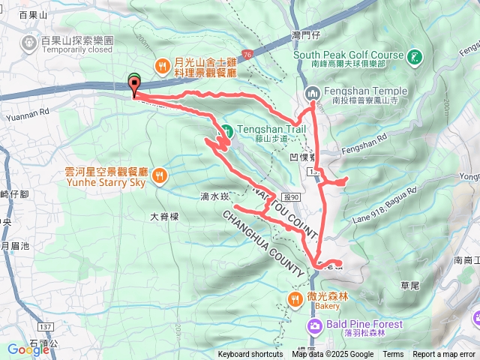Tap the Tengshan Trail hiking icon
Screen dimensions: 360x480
tap(224, 129)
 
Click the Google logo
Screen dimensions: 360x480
tap(28, 349)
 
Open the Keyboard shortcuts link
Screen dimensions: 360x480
tap(250, 355)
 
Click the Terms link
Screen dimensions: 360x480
tap(393, 355)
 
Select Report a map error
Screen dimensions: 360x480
tap(444, 355)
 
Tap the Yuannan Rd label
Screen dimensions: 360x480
tap(22, 116)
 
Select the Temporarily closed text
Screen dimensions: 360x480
tap(78, 51)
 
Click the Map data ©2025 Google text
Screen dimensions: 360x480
tap(332, 355)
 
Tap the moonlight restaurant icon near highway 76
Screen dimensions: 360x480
tap(162, 66)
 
